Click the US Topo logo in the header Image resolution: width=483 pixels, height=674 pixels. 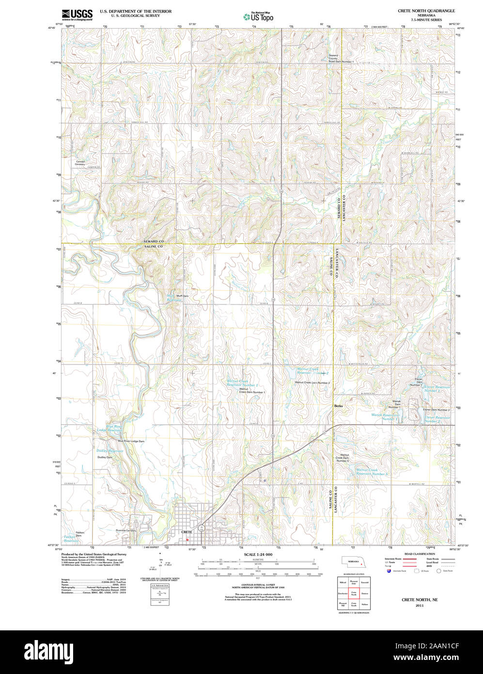[258, 17]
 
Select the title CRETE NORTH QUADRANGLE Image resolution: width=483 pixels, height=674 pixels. [426, 10]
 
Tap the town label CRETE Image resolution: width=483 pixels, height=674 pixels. [187, 532]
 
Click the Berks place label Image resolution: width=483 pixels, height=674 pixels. [338, 406]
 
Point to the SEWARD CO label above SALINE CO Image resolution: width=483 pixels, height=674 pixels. [154, 241]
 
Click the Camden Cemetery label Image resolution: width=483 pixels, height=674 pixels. [80, 163]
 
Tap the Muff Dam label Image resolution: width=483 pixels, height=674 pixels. [182, 296]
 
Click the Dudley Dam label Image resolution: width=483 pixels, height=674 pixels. [105, 457]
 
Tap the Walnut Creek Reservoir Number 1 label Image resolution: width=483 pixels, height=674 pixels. [242, 383]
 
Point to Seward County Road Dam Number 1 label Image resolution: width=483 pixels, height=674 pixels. [341, 59]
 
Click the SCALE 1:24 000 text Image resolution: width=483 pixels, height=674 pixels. [258, 554]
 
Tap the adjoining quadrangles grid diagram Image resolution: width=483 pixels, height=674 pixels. [353, 593]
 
